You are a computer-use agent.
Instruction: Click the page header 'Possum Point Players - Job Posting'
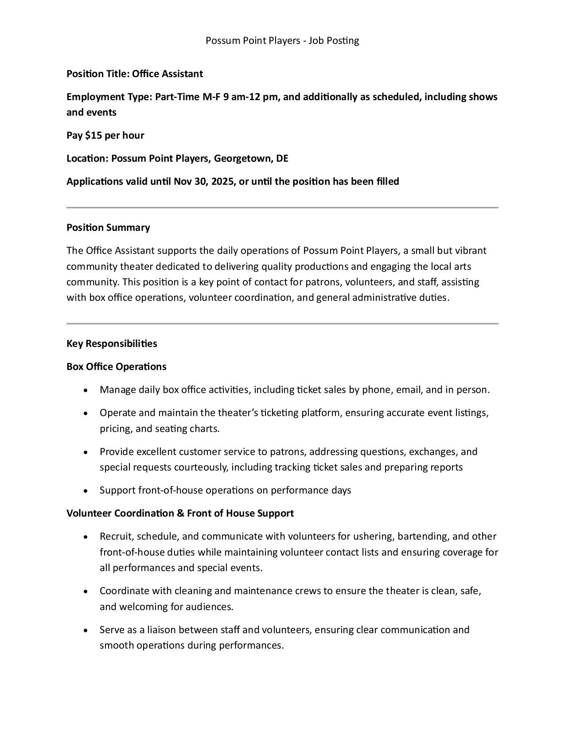click(282, 41)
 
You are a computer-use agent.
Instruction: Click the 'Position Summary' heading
click(108, 228)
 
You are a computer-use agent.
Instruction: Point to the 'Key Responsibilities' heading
click(112, 344)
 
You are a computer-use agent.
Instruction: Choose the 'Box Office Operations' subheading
click(117, 367)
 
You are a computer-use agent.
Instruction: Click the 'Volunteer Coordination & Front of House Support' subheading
click(180, 513)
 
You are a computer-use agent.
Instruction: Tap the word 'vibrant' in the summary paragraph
click(471, 251)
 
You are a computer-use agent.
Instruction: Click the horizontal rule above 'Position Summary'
click(282, 207)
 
